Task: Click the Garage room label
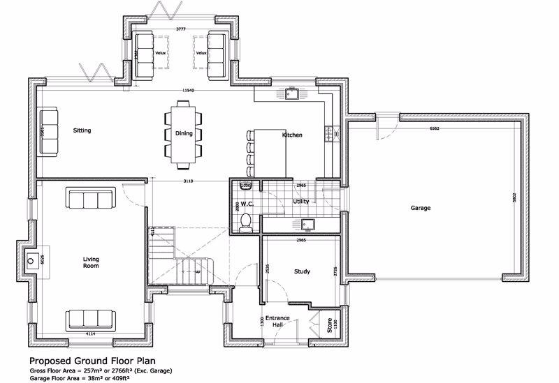(x=420, y=208)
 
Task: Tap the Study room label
(x=302, y=271)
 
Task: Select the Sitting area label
(x=82, y=130)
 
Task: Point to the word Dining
(x=184, y=133)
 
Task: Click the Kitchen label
(x=292, y=135)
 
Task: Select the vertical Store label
(x=330, y=325)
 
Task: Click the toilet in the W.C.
(x=245, y=221)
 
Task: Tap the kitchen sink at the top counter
(x=291, y=94)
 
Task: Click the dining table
(x=184, y=134)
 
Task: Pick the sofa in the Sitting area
(x=48, y=131)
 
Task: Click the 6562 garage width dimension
(x=435, y=128)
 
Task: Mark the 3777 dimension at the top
(x=181, y=29)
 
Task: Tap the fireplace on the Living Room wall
(x=32, y=262)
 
